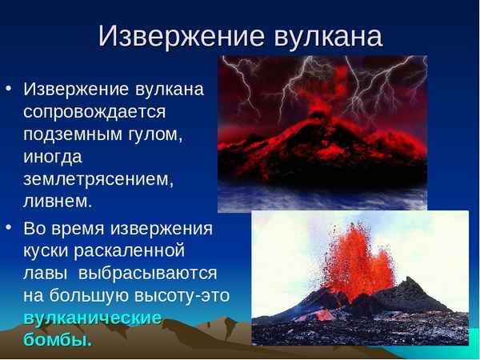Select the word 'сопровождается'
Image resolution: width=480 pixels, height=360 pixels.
(94, 111)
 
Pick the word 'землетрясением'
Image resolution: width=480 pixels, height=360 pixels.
(98, 178)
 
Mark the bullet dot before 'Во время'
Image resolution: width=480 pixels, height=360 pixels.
(9, 228)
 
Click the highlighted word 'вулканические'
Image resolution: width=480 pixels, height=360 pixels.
(93, 318)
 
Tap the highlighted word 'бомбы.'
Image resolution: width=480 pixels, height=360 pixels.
(58, 340)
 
